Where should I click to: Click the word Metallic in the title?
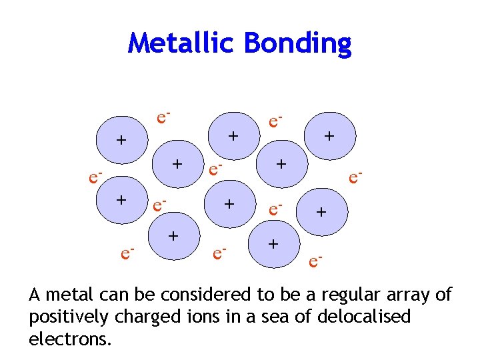[x=183, y=43]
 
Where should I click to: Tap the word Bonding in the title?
[x=297, y=43]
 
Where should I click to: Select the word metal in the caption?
[x=70, y=294]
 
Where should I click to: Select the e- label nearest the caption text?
[x=317, y=261]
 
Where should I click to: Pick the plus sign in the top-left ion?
[x=121, y=140]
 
